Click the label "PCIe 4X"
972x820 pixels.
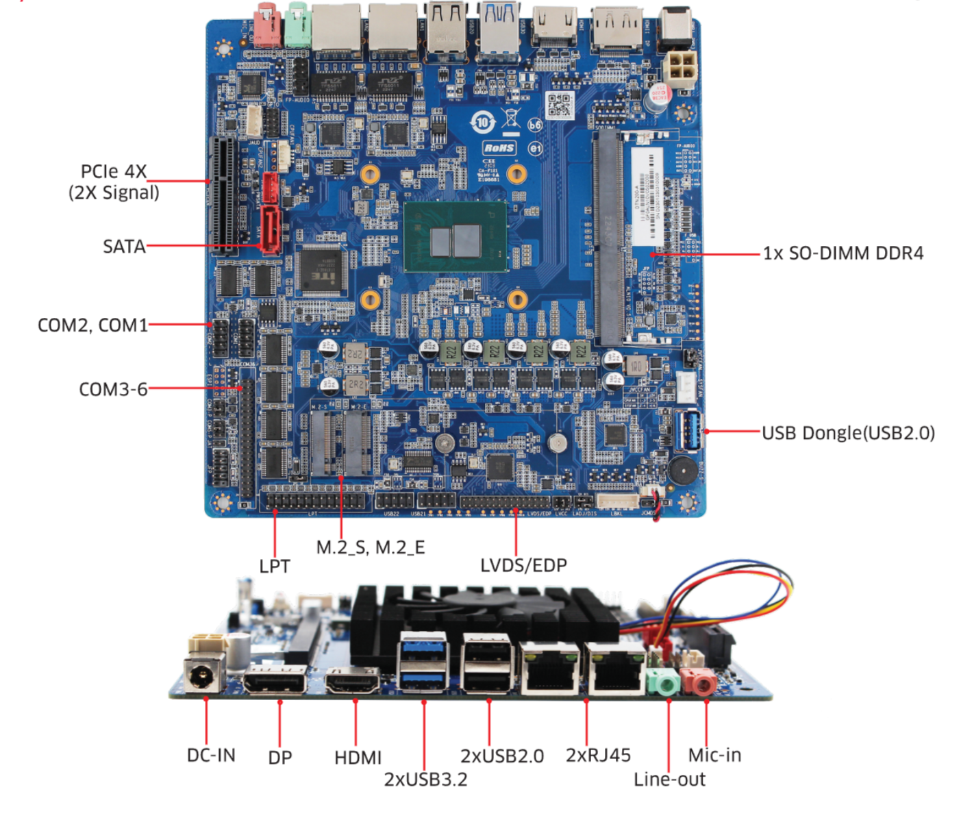(114, 171)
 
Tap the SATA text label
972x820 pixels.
(124, 247)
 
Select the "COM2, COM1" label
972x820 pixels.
(92, 325)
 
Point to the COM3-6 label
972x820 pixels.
(113, 389)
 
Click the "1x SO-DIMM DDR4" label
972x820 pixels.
(843, 253)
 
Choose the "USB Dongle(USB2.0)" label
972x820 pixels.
(848, 433)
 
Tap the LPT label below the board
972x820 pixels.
(275, 566)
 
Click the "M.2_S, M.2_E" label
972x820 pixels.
(371, 547)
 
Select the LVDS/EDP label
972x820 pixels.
(523, 565)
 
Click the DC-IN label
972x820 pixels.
(211, 755)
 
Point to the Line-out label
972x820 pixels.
(669, 779)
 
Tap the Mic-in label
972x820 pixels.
(714, 755)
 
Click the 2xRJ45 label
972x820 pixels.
(598, 755)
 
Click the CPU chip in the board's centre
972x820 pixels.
(456, 237)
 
